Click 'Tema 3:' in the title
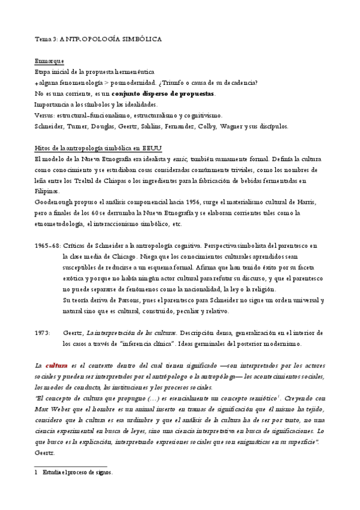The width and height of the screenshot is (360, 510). point(46,38)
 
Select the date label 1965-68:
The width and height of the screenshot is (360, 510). point(47,246)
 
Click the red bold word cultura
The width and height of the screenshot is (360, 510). point(56,366)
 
